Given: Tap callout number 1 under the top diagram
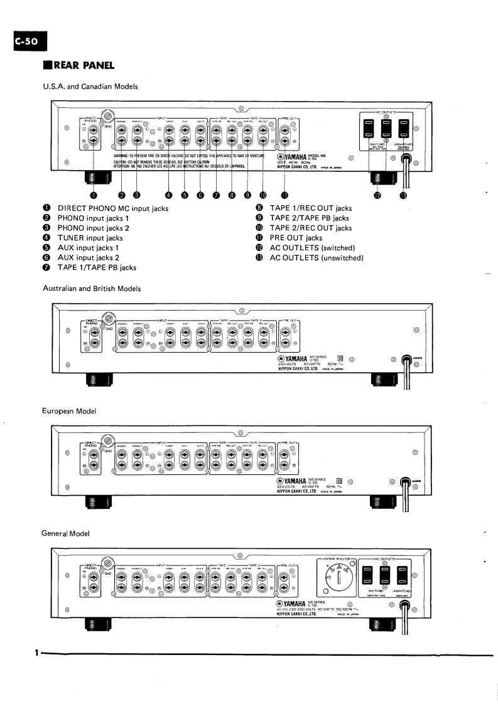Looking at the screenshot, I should (x=93, y=195).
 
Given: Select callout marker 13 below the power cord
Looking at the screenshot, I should (x=403, y=195).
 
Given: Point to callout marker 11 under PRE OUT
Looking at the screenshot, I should (x=283, y=195).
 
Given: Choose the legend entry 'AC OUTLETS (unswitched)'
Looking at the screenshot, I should (x=317, y=258).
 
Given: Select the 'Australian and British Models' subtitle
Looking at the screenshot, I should (x=91, y=288).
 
